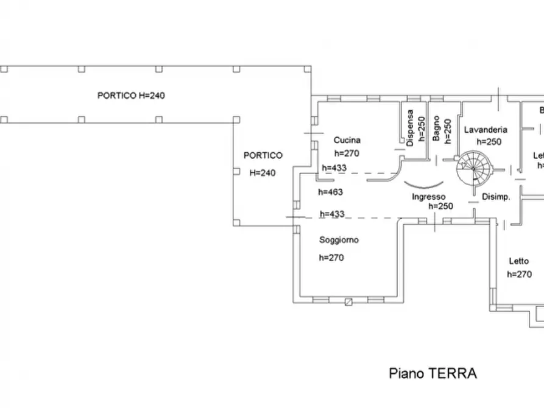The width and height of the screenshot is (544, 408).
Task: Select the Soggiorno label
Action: click(339, 240)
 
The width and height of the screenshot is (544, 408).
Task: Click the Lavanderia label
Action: click(486, 130)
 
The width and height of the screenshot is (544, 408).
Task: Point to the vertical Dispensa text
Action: click(411, 128)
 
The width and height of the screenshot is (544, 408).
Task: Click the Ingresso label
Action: click(429, 197)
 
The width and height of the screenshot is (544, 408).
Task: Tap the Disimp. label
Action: click(495, 197)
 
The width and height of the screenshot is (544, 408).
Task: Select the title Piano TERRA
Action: click(433, 373)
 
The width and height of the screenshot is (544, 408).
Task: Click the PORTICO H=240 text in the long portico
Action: click(132, 96)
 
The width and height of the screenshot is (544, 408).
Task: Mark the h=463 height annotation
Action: click(331, 192)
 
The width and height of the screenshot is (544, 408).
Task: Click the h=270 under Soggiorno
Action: click(331, 258)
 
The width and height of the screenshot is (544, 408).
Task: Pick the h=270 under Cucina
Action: click(347, 153)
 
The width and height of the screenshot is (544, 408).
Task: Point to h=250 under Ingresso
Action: click(440, 206)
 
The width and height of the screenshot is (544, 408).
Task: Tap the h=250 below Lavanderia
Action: click(489, 142)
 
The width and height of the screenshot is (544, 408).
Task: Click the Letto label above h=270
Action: click(519, 261)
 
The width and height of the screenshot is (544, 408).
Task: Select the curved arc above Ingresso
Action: click(425, 185)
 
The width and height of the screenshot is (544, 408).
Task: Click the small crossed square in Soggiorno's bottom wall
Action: click(348, 301)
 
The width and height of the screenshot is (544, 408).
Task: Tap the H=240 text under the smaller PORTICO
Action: click(263, 173)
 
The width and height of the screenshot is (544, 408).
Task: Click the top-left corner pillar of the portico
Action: click(4, 69)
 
